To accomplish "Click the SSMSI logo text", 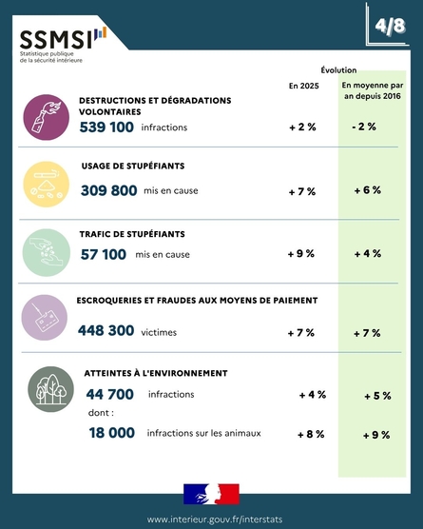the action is [56, 40].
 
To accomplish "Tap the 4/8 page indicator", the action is [391, 26].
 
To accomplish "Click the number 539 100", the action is [106, 127].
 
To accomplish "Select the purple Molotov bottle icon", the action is [47, 117].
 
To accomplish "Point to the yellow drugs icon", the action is [47, 185].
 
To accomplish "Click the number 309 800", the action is [109, 190].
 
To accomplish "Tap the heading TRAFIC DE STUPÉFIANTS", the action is [132, 234].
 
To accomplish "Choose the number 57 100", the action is [104, 254].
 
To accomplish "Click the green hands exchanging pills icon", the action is [47, 252].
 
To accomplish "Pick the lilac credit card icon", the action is [45, 318].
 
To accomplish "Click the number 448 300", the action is [106, 330].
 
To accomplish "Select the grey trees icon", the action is [51, 389].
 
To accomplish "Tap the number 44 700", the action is [110, 394].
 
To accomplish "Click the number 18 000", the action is [112, 433].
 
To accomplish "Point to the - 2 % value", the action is [364, 127].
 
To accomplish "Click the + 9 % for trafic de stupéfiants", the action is [301, 254].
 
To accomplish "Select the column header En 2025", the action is [303, 86].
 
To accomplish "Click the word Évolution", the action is [338, 70].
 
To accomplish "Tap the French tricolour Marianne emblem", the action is [211, 494].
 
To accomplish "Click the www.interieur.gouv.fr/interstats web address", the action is [215, 519].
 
